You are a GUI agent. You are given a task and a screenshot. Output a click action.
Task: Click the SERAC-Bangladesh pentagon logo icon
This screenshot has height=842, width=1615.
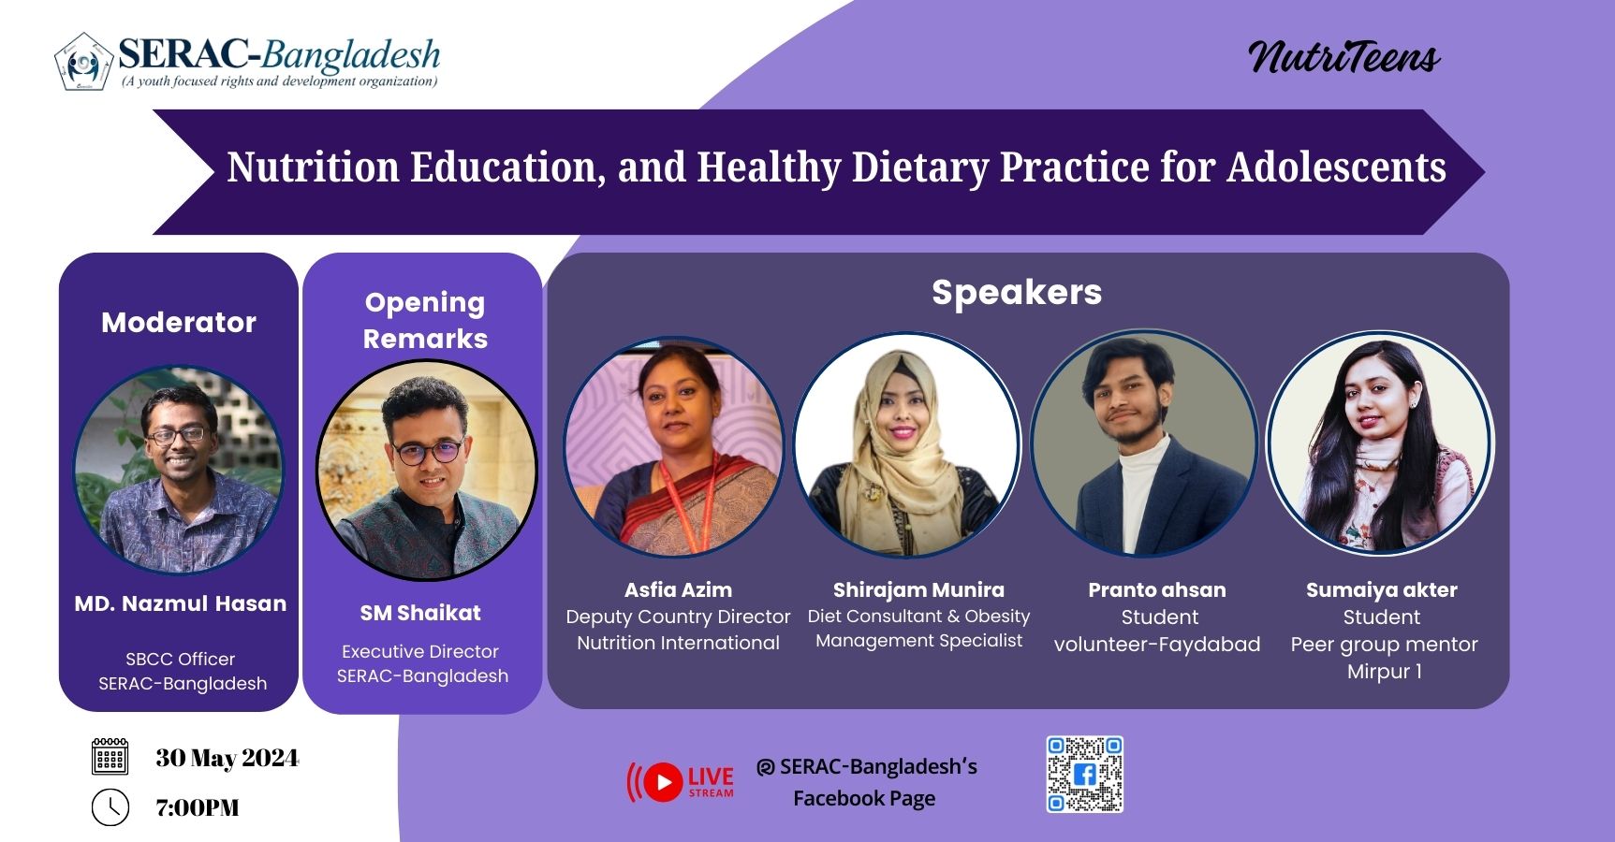pyautogui.click(x=83, y=62)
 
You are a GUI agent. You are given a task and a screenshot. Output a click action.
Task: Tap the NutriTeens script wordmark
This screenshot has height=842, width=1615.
pyautogui.click(x=1343, y=57)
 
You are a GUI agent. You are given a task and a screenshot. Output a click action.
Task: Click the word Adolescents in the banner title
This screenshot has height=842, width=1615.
pyautogui.click(x=1337, y=167)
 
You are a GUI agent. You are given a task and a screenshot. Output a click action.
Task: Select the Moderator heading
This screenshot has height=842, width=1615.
pyautogui.click(x=179, y=323)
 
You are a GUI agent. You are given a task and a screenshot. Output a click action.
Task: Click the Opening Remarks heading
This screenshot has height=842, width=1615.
pyautogui.click(x=425, y=320)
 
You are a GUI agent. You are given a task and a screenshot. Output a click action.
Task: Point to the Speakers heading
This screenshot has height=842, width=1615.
pyautogui.click(x=1017, y=293)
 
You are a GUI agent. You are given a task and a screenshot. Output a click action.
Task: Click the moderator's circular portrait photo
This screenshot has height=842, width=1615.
pyautogui.click(x=178, y=470)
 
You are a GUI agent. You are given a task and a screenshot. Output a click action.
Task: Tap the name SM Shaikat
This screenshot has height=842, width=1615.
pyautogui.click(x=420, y=614)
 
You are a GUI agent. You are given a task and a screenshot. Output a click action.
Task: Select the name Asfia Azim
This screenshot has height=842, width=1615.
pyautogui.click(x=678, y=590)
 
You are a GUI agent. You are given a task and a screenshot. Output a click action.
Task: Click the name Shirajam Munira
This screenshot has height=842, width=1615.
pyautogui.click(x=918, y=590)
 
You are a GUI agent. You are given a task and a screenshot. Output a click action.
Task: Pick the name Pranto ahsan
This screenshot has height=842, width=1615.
pyautogui.click(x=1156, y=590)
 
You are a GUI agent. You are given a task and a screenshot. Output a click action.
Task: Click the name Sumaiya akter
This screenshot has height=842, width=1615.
pyautogui.click(x=1381, y=590)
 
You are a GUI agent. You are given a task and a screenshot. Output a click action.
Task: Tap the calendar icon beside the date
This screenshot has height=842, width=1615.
pyautogui.click(x=110, y=756)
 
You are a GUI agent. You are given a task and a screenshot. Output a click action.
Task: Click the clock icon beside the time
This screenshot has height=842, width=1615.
pyautogui.click(x=110, y=807)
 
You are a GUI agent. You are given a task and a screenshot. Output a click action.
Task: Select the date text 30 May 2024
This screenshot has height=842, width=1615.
pyautogui.click(x=228, y=758)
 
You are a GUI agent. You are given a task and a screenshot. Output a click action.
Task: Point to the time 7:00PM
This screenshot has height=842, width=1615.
pyautogui.click(x=198, y=807)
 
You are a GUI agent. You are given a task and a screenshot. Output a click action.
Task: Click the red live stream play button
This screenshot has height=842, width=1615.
pyautogui.click(x=663, y=782)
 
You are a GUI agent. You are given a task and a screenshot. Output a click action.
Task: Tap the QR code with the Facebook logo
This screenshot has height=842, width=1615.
pyautogui.click(x=1084, y=775)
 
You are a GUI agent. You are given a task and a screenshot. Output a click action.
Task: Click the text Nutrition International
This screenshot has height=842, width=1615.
pyautogui.click(x=678, y=643)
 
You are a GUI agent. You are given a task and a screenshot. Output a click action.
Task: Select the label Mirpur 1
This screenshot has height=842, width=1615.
pyautogui.click(x=1385, y=672)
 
